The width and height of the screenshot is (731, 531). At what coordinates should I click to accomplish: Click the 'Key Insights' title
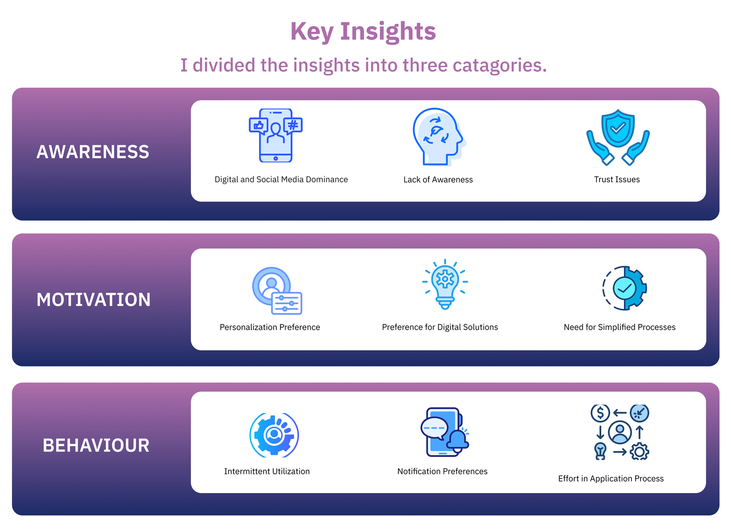[x=363, y=32]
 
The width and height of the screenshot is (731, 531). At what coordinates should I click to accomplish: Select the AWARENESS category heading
[x=93, y=152]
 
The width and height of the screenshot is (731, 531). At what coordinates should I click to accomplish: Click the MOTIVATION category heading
[x=93, y=300]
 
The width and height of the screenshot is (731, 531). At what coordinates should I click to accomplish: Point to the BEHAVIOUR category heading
[x=96, y=446]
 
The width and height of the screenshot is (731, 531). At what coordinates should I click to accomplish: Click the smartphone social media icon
[x=276, y=135]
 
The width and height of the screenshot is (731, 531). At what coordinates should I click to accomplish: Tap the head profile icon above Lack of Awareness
[x=439, y=137]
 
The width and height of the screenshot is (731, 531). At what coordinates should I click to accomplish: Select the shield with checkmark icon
[x=618, y=128]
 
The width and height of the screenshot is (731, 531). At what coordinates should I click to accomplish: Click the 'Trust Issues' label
[x=617, y=180]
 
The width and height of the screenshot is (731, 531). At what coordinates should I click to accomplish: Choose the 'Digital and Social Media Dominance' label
[x=281, y=180]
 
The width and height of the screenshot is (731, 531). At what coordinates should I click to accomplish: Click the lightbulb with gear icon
[x=445, y=284]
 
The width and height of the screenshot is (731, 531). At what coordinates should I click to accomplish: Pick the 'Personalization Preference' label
[x=270, y=327]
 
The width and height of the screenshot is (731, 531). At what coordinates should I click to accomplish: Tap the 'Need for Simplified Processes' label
[x=620, y=327]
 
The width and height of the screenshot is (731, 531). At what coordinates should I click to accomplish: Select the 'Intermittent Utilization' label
[x=267, y=472]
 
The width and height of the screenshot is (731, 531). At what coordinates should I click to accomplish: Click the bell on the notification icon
[x=457, y=441]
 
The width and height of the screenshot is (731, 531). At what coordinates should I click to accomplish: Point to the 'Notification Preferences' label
[x=443, y=472]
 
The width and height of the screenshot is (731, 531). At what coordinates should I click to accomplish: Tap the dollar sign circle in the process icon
[x=600, y=413]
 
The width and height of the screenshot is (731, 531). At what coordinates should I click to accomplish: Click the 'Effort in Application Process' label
[x=611, y=479]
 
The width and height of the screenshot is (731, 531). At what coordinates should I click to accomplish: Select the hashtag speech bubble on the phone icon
[x=293, y=126]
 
